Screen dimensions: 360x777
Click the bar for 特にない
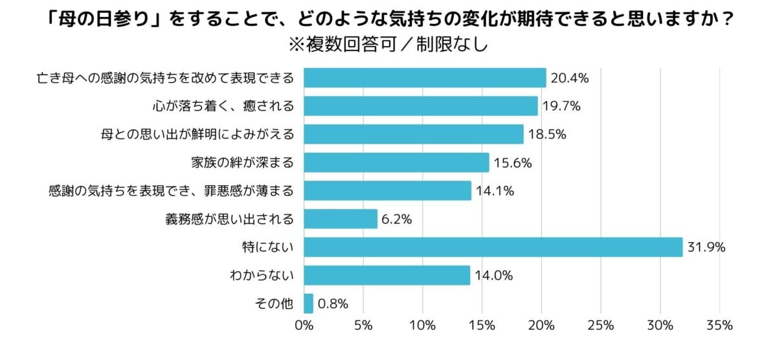tap(493, 247)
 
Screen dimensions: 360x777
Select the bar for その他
tap(308, 303)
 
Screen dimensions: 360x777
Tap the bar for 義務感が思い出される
tap(340, 219)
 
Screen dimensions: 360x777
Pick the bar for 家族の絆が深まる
tap(396, 163)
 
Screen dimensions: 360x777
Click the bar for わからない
tap(387, 275)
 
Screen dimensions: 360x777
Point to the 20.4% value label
tap(569, 78)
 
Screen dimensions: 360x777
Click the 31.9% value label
tap(706, 247)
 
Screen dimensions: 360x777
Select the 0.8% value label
tap(333, 303)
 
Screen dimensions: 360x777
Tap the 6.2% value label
tap(397, 219)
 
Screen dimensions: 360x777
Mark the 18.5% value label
tap(546, 135)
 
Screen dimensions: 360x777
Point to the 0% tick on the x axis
tap(304, 325)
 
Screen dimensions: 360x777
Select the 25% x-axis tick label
tap(600, 325)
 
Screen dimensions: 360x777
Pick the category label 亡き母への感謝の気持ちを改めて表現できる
tap(165, 78)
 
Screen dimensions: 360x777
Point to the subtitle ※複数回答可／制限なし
tap(388, 46)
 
